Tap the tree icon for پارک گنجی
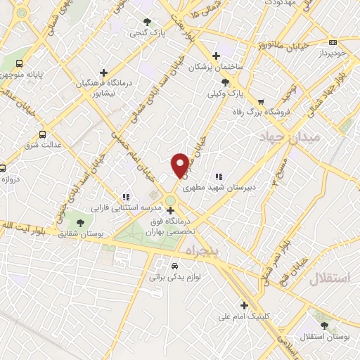tap(148, 22)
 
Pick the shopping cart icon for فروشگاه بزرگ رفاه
tap(261, 101)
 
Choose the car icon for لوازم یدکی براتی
tap(174, 266)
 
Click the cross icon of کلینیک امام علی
tap(244, 305)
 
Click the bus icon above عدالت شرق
tap(44, 134)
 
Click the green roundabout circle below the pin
tap(171, 202)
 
